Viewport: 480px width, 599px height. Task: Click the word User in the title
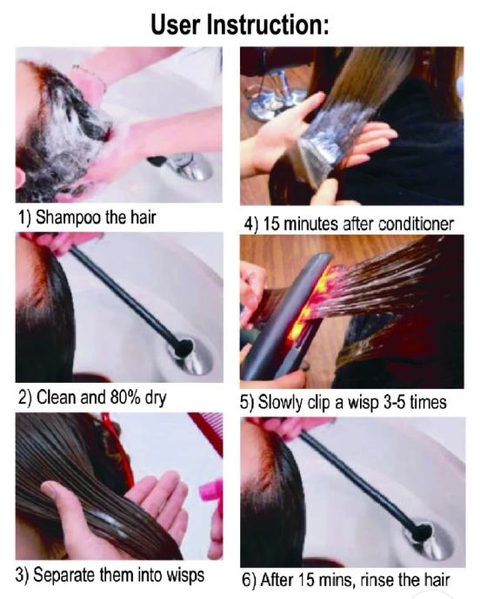pyautogui.click(x=176, y=24)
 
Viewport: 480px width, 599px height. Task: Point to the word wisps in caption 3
pyautogui.click(x=185, y=576)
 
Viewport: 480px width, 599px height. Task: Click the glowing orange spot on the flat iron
pyautogui.click(x=306, y=302)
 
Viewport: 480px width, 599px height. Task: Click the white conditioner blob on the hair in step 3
pyautogui.click(x=106, y=520)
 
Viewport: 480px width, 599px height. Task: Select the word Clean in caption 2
pyautogui.click(x=57, y=398)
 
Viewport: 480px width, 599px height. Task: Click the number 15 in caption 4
pyautogui.click(x=271, y=224)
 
